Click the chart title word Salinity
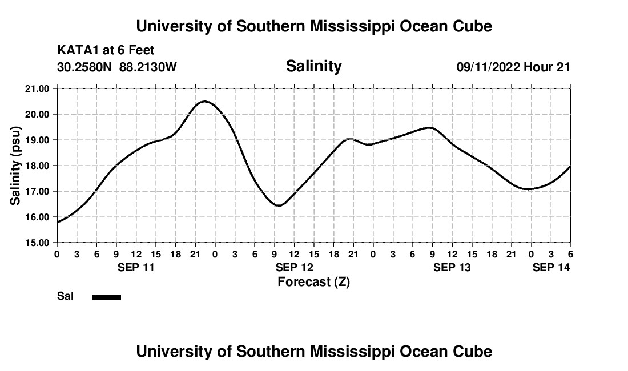pos(313,66)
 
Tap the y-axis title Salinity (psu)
pos(15,166)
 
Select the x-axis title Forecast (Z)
pos(313,281)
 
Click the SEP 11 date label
pos(136,267)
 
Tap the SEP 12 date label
pos(294,267)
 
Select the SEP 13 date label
pos(452,267)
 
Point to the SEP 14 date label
pos(551,267)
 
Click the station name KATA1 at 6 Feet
pos(106,51)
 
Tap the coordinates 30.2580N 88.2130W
pos(117,67)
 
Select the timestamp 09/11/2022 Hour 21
pos(513,67)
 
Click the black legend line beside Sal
pos(106,297)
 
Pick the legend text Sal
pos(65,297)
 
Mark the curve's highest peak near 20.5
pos(204,102)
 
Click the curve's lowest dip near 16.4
pos(279,205)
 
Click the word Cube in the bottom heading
pos(475,351)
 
